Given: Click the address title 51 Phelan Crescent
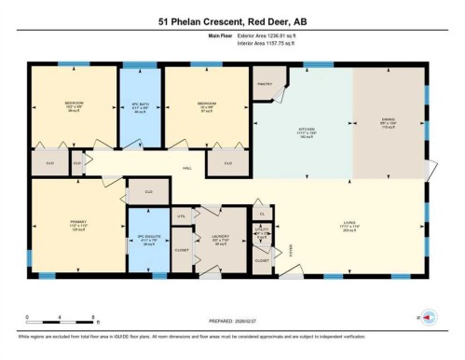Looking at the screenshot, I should tap(232, 21).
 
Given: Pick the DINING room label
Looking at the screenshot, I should tap(389, 119).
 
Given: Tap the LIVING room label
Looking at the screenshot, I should tap(349, 222).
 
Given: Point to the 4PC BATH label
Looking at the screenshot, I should tap(140, 105).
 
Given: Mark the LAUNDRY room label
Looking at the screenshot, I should tap(221, 237).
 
